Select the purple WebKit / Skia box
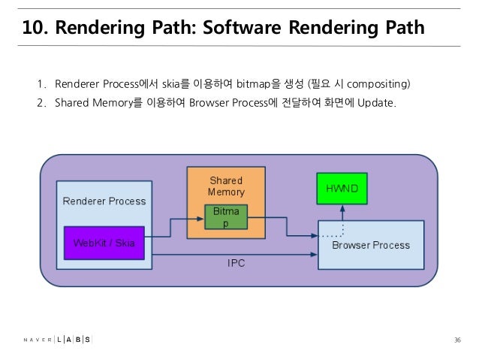click(x=104, y=243)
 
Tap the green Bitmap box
click(x=224, y=217)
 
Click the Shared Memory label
click(x=226, y=186)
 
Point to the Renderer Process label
click(x=104, y=201)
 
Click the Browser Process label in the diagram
click(x=371, y=245)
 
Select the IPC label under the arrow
click(x=236, y=264)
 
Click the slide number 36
click(x=456, y=340)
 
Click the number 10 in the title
click(x=32, y=29)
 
